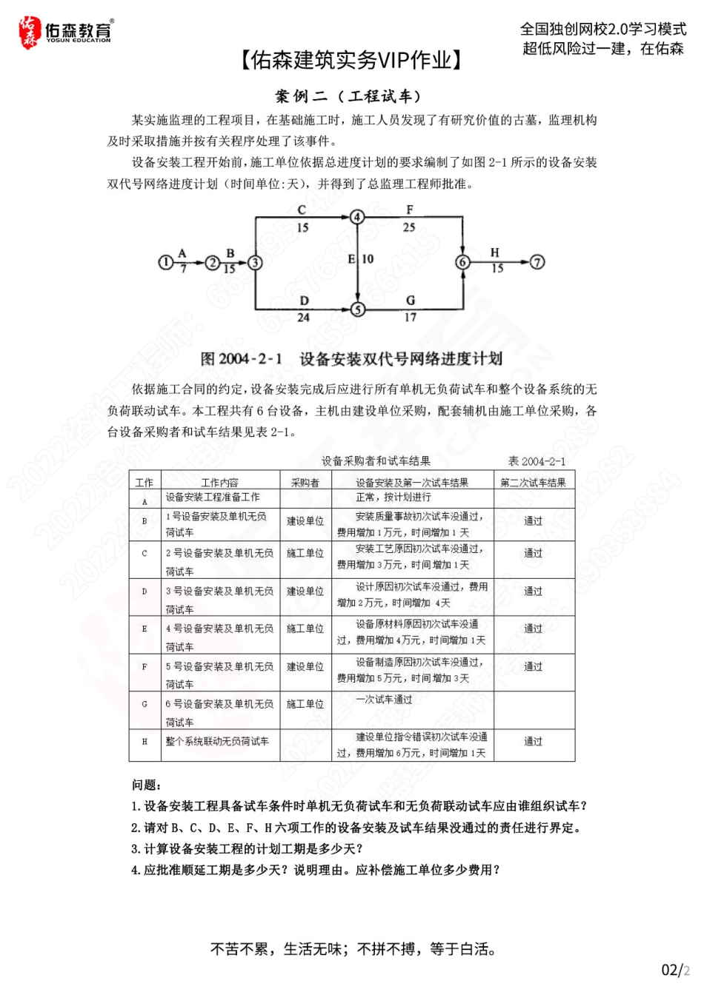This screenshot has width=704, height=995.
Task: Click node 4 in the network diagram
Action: [x=358, y=217]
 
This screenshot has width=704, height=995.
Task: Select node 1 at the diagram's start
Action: [x=165, y=262]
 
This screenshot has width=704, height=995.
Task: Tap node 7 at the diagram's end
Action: [x=537, y=262]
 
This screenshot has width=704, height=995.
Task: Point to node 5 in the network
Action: [x=358, y=309]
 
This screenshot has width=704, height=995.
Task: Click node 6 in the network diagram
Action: [x=462, y=262]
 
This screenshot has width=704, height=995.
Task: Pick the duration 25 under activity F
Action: [x=409, y=227]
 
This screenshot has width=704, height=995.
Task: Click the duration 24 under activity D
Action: [x=303, y=318]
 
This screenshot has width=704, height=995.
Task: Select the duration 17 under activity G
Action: [x=410, y=318]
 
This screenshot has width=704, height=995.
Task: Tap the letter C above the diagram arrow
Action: [x=302, y=210]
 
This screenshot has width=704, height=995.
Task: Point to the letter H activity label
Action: [x=495, y=253]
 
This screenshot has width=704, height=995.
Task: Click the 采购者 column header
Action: [x=305, y=483]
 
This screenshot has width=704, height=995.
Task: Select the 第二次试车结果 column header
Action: [x=533, y=483]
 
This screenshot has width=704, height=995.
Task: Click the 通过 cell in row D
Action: [x=533, y=591]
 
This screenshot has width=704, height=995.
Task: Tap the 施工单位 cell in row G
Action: [x=305, y=704]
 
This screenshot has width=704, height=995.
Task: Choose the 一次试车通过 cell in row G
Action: [x=384, y=700]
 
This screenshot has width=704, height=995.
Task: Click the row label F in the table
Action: [x=145, y=666]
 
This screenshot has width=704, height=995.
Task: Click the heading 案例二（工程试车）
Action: [x=348, y=96]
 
